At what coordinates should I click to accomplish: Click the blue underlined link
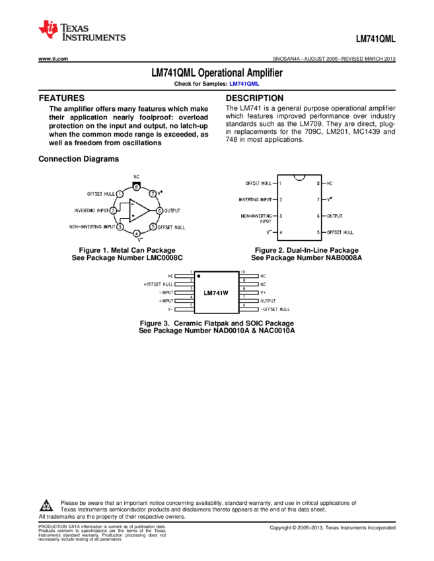point(244,84)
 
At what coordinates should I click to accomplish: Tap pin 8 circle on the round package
point(136,187)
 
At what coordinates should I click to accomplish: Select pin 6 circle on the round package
point(159,211)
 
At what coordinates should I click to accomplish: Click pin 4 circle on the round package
point(136,234)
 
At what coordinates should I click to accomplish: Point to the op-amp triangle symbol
point(138,211)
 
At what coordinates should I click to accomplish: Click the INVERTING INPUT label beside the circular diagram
point(92,211)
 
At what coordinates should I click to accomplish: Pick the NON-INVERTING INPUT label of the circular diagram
point(92,226)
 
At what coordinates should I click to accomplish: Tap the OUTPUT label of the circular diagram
point(172,211)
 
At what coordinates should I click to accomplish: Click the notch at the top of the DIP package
point(299,178)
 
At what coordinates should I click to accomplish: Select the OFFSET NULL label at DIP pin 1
point(258,183)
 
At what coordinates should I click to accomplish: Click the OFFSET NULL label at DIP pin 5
point(341,232)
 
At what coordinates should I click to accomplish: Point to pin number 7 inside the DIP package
point(318,199)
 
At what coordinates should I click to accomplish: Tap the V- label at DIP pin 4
point(269,232)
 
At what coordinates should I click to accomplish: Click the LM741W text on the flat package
point(216,292)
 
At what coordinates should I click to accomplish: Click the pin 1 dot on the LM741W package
point(199,277)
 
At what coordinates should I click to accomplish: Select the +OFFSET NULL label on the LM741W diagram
point(159,284)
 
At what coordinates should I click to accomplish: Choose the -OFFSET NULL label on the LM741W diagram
point(274,309)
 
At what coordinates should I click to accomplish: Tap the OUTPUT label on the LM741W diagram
point(268,300)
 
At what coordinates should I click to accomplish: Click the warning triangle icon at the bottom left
point(46,506)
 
